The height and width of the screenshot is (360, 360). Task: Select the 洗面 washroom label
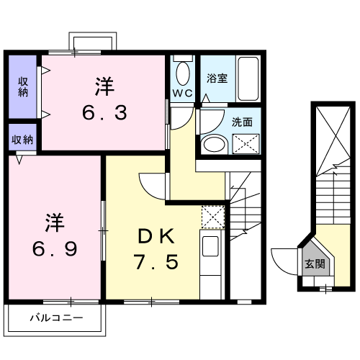point(241,122)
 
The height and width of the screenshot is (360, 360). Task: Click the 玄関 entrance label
point(314,264)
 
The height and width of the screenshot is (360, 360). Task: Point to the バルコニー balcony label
point(55,317)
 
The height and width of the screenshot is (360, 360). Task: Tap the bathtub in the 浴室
point(247,80)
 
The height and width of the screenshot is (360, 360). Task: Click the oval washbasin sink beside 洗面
point(214,144)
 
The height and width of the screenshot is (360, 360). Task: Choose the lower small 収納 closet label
point(23,139)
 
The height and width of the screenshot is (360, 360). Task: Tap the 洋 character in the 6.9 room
point(54,220)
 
